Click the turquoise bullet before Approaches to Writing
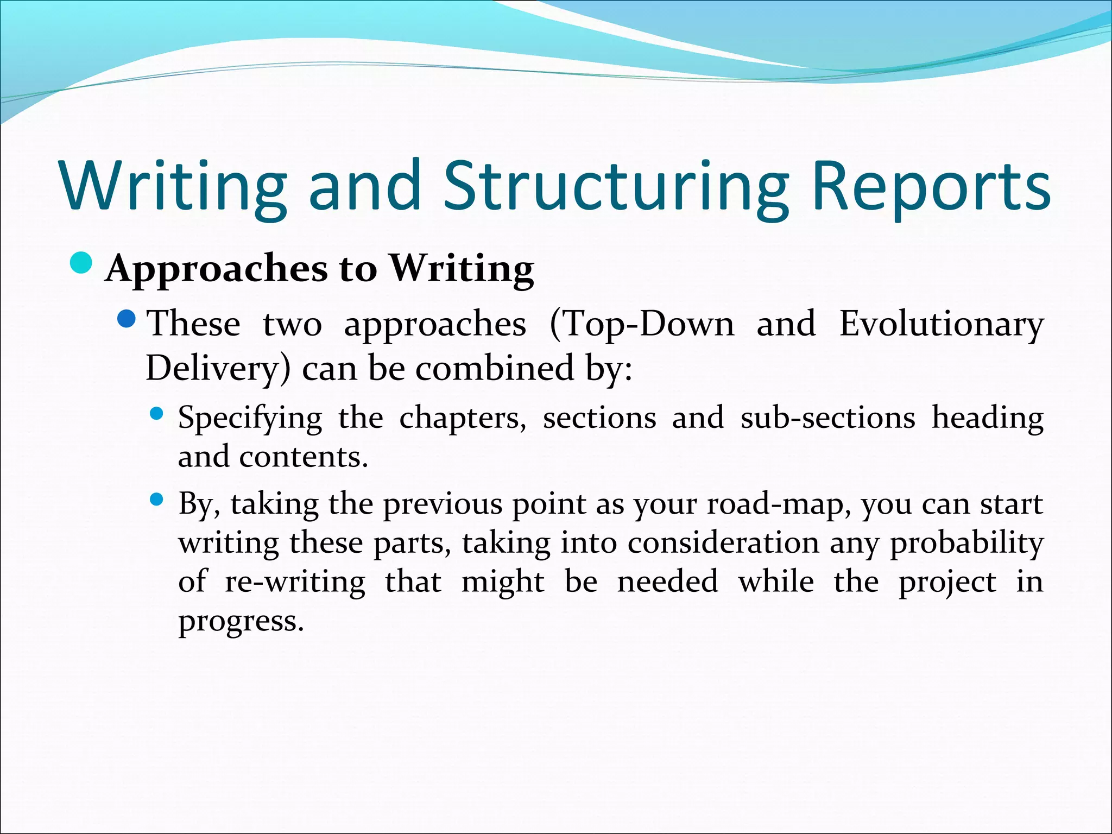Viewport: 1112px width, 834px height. click(x=82, y=263)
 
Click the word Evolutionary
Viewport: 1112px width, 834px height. click(x=941, y=324)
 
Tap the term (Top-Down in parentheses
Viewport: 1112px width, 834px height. click(x=641, y=324)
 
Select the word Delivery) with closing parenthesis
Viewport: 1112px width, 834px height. click(x=218, y=369)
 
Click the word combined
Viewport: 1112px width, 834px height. click(x=495, y=368)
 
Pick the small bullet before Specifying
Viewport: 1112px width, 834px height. click(x=156, y=414)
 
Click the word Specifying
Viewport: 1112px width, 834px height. click(x=250, y=419)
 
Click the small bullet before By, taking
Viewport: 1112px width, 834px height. click(x=156, y=500)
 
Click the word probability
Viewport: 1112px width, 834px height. click(x=966, y=544)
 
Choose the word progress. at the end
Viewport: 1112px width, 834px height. click(x=241, y=621)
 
